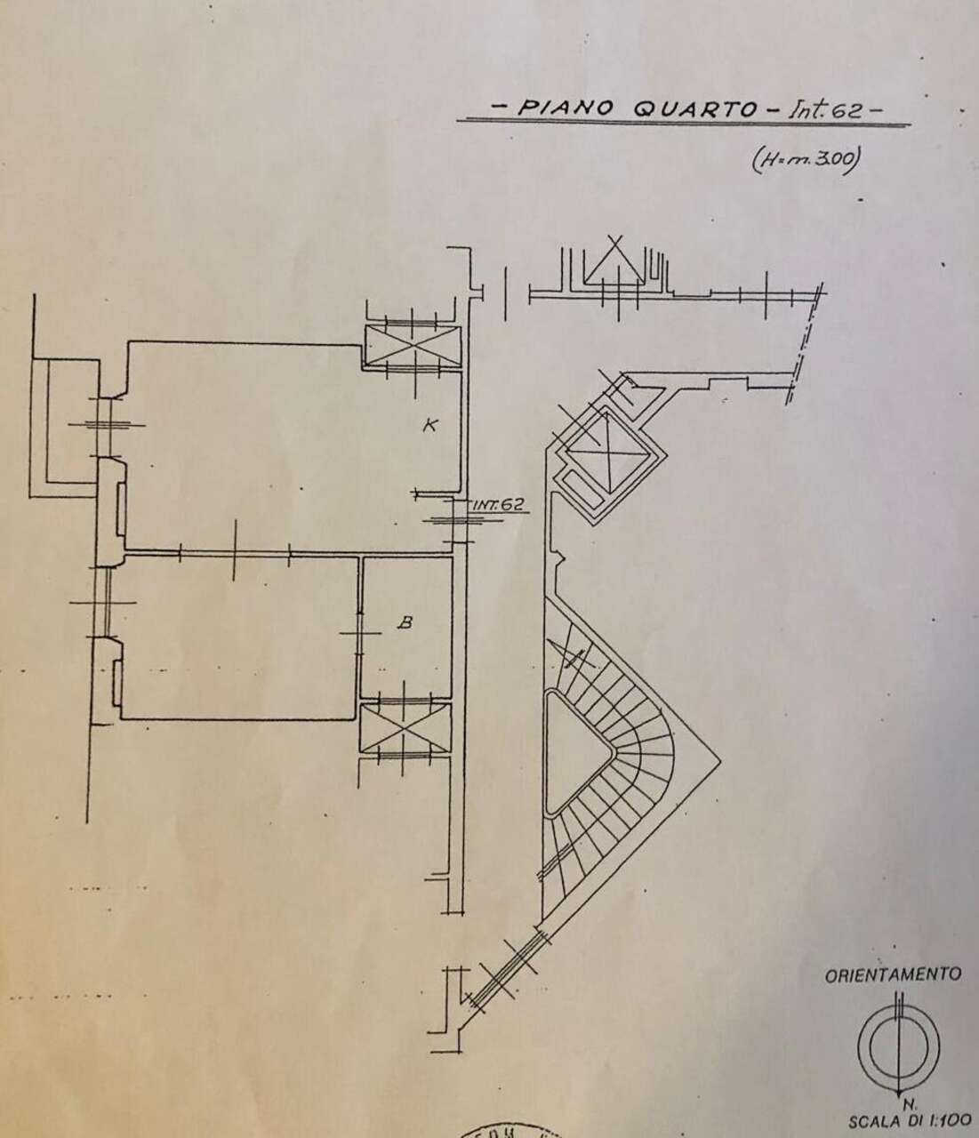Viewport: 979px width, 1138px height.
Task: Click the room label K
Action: pos(429,425)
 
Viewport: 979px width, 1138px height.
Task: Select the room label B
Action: pos(404,623)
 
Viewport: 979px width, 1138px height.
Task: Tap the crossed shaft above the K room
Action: pos(413,347)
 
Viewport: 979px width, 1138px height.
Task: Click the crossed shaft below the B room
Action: pos(404,730)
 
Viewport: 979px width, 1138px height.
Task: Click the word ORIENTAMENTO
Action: pos(893,974)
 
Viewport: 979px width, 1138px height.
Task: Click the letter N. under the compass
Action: pos(903,1097)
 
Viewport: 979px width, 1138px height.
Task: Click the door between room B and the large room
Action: pos(359,632)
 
